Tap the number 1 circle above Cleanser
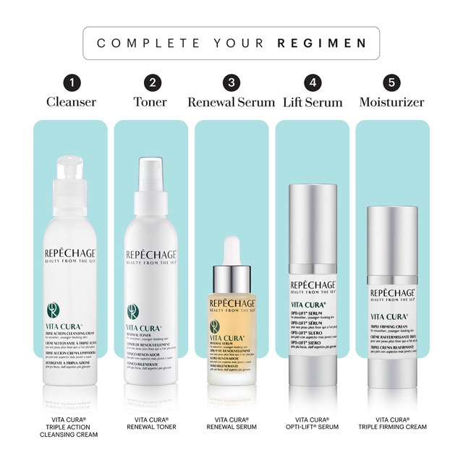[72, 83]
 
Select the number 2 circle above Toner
[152, 83]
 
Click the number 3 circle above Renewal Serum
[231, 83]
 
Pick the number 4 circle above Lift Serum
[312, 83]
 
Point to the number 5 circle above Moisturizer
[391, 83]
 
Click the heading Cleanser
[72, 102]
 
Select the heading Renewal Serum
[231, 102]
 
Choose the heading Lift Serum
[312, 102]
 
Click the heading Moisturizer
[391, 102]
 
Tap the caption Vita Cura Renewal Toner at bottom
[152, 423]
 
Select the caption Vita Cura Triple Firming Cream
[391, 423]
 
